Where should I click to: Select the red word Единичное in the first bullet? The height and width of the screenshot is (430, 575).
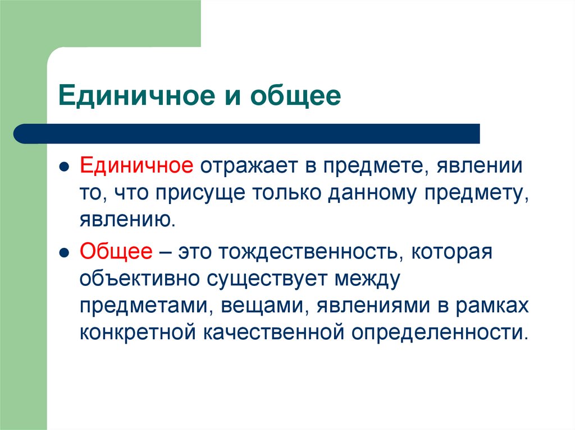click(136, 167)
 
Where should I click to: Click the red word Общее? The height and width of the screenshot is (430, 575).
click(116, 252)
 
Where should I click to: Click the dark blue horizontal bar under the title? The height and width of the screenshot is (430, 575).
click(247, 133)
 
